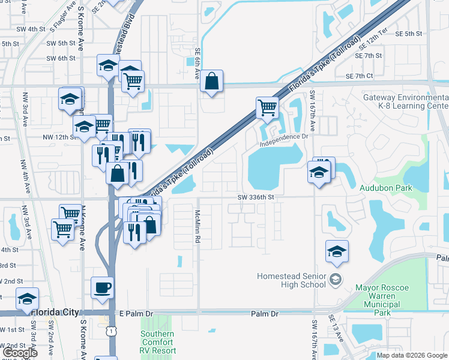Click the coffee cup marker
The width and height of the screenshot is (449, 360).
(x=101, y=288)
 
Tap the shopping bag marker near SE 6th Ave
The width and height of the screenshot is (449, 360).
(x=211, y=82)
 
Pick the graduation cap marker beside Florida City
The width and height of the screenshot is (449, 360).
(x=27, y=299)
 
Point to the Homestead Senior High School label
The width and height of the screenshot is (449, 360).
(x=291, y=280)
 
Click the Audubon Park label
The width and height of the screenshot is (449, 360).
(x=385, y=188)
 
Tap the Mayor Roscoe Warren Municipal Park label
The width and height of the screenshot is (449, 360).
(x=382, y=300)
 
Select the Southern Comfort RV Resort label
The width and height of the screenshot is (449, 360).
(x=158, y=342)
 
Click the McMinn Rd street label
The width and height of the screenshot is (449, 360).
(x=197, y=226)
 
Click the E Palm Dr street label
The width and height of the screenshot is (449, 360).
(x=136, y=313)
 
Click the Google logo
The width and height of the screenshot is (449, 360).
(x=20, y=352)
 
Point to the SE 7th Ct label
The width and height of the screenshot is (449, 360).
(x=360, y=76)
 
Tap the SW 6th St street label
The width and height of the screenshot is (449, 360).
(x=62, y=58)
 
